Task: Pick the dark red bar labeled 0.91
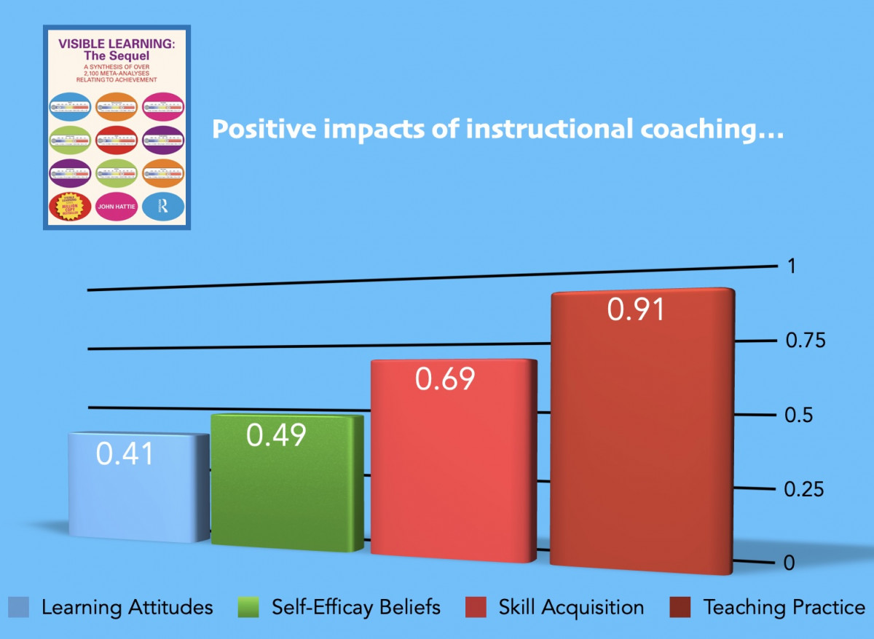[x=641, y=437]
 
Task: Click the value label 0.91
[x=637, y=309]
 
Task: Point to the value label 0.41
[x=125, y=454]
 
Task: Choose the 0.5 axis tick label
[x=799, y=416]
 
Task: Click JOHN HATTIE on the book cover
[x=117, y=207]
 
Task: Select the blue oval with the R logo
[x=163, y=207]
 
